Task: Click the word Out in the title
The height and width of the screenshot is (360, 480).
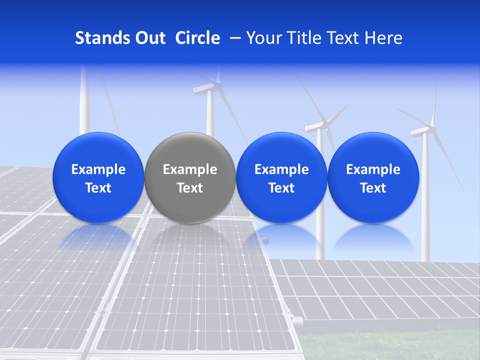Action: pyautogui.click(x=149, y=38)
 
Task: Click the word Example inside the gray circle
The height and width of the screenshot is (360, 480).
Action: pyautogui.click(x=190, y=169)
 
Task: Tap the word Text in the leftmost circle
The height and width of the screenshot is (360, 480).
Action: pyautogui.click(x=98, y=188)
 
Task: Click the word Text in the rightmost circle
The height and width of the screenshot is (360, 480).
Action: pyautogui.click(x=373, y=188)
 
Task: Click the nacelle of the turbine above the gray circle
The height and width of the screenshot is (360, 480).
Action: pyautogui.click(x=204, y=90)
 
